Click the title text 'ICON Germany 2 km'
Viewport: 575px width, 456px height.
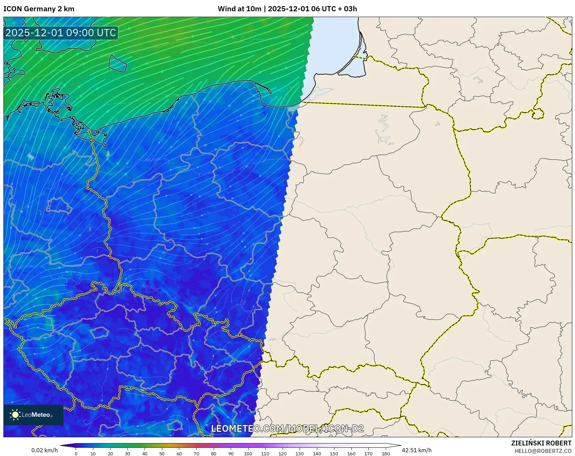click(39, 9)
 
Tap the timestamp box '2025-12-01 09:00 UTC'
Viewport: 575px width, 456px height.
click(61, 33)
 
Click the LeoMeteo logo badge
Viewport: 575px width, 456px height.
click(33, 415)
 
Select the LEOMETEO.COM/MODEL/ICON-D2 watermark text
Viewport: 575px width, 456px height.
click(287, 428)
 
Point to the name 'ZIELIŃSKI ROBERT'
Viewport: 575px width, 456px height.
click(541, 443)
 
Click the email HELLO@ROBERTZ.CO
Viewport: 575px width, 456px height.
click(543, 451)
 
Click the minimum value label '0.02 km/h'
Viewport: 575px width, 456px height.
click(44, 450)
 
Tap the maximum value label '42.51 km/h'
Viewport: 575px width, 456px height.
click(417, 450)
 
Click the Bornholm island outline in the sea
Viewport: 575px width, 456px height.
click(118, 63)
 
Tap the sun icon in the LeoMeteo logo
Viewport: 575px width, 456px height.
click(15, 415)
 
